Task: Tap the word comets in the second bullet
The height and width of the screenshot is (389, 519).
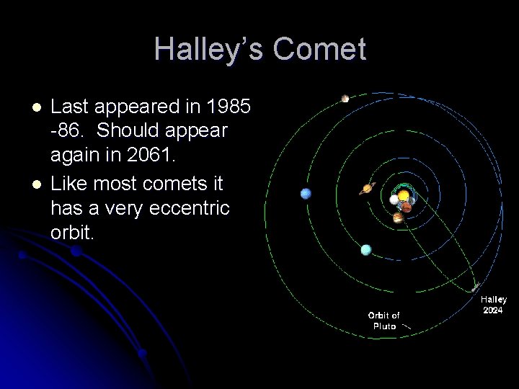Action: pos(157,184)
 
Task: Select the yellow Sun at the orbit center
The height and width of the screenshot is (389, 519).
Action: pos(404,195)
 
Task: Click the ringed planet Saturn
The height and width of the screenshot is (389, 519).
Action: pos(368,189)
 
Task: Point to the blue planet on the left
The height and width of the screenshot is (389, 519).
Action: pos(306,193)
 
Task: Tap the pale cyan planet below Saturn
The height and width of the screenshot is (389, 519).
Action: pos(366,249)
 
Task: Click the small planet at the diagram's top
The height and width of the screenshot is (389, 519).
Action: pos(345,99)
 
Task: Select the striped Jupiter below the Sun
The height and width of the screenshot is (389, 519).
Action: pos(397,217)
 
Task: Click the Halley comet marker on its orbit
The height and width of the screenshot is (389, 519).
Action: pos(475,286)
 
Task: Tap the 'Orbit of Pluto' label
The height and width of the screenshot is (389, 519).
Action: pos(384,321)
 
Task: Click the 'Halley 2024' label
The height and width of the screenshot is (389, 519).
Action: pos(494,305)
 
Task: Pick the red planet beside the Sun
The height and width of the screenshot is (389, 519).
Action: pos(407,207)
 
